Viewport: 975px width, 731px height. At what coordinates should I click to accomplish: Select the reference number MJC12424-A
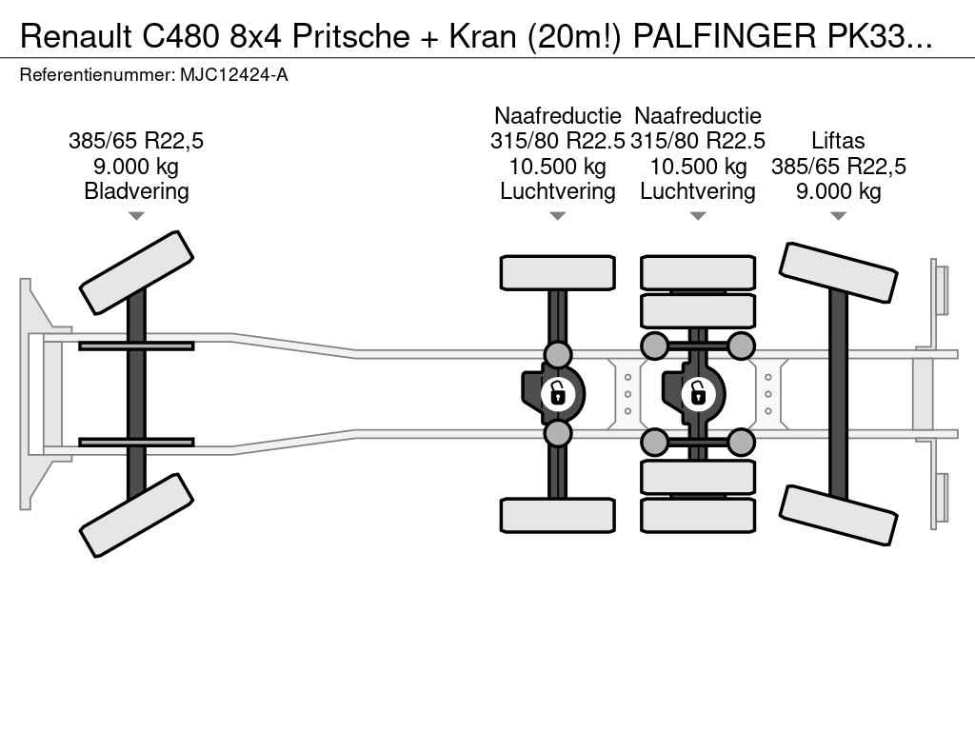click(234, 74)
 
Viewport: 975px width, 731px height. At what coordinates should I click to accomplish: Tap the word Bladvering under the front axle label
click(136, 191)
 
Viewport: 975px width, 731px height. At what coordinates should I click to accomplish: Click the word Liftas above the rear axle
click(838, 142)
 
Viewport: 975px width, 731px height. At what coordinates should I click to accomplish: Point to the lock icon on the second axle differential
click(557, 392)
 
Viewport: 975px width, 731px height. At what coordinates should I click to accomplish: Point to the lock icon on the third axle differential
click(698, 392)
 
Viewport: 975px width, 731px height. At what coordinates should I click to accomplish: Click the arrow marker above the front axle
click(136, 217)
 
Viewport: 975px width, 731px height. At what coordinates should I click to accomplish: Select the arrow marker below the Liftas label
click(838, 217)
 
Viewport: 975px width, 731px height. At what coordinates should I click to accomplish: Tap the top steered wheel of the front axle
click(136, 271)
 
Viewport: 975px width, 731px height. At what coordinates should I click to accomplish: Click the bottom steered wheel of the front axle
click(136, 516)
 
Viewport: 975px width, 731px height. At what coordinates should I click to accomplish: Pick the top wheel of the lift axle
click(838, 273)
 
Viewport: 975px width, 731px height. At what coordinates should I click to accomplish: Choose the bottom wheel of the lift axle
click(838, 514)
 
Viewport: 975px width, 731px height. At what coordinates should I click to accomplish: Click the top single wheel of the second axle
click(557, 272)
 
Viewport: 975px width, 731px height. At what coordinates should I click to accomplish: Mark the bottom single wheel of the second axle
click(557, 515)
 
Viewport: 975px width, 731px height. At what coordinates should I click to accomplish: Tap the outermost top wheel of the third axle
click(698, 272)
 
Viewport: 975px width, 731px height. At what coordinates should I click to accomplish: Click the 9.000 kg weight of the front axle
click(136, 167)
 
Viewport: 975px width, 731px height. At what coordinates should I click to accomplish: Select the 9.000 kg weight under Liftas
click(838, 191)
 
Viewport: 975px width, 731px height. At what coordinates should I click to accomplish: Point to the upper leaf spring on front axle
click(136, 346)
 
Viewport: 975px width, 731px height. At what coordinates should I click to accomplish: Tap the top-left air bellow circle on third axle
click(654, 346)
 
